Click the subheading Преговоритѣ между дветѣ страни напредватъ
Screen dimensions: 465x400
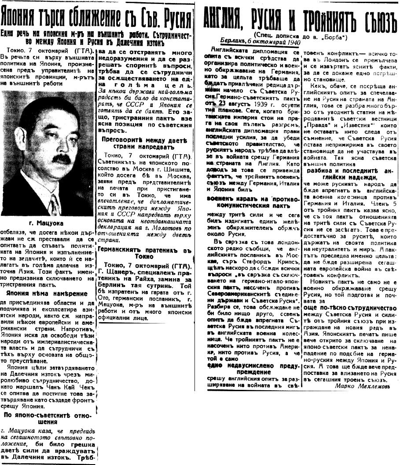(145, 144)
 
